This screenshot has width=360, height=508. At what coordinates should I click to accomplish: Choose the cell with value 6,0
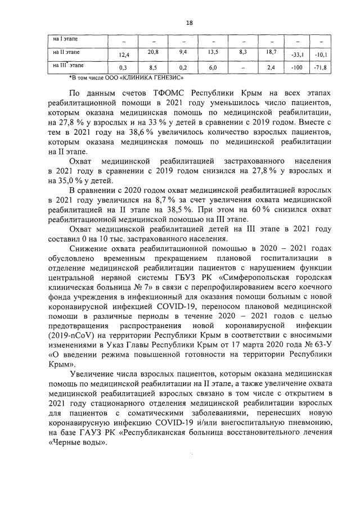[213, 68]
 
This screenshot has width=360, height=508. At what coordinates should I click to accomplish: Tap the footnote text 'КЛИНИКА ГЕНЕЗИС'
[155, 77]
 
